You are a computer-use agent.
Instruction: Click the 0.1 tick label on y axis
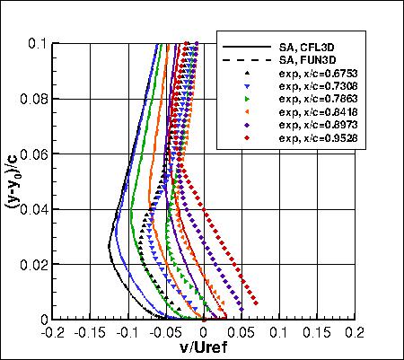click(x=38, y=42)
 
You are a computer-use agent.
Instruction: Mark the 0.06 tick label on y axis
click(x=34, y=153)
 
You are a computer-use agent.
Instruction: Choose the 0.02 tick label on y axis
click(x=34, y=264)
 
